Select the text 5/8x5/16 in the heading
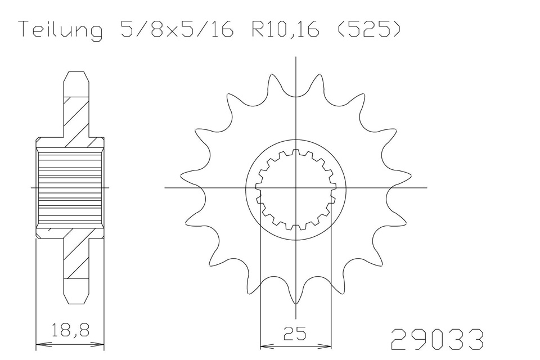point(177,29)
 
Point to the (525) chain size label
point(368,29)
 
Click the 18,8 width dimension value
point(70,330)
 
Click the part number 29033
point(437,339)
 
